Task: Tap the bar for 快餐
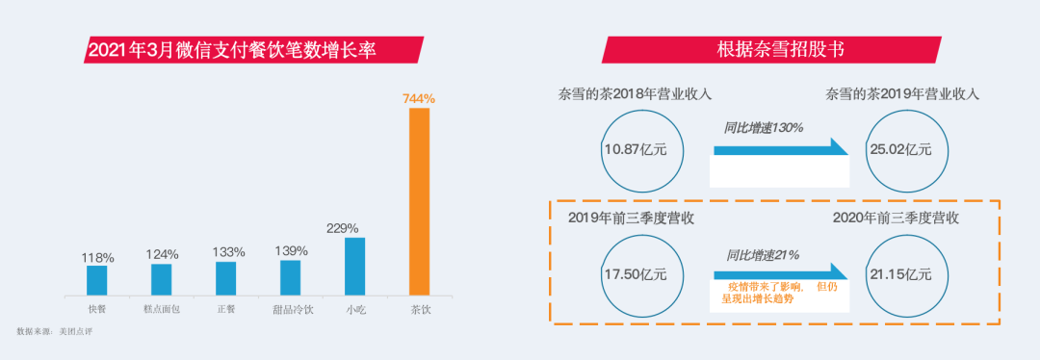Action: (x=97, y=279)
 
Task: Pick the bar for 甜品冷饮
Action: (x=290, y=277)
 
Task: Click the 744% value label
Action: (x=419, y=98)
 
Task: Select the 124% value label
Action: (x=162, y=254)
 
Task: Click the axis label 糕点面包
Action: (x=162, y=310)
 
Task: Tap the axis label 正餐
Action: (x=225, y=310)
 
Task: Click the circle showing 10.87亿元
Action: (x=641, y=149)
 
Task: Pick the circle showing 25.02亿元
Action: (x=901, y=149)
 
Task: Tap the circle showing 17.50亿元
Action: (x=641, y=274)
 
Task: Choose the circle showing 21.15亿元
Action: (x=901, y=274)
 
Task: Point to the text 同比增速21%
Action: (x=764, y=255)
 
